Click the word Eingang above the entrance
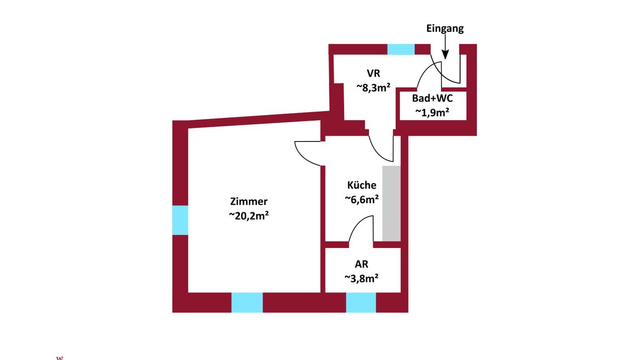click(x=445, y=29)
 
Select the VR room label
click(x=373, y=73)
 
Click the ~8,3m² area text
click(x=373, y=87)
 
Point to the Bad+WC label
click(x=432, y=99)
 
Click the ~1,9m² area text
click(x=432, y=113)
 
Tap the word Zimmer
click(x=249, y=202)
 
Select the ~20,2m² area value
click(x=249, y=216)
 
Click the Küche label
click(x=362, y=185)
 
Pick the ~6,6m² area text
click(x=362, y=200)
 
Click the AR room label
click(x=362, y=264)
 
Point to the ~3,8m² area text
click(x=362, y=278)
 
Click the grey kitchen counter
click(x=391, y=203)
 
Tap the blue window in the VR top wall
click(x=401, y=49)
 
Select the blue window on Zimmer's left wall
click(x=180, y=220)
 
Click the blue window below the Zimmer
click(x=247, y=302)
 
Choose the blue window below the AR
click(x=361, y=302)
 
